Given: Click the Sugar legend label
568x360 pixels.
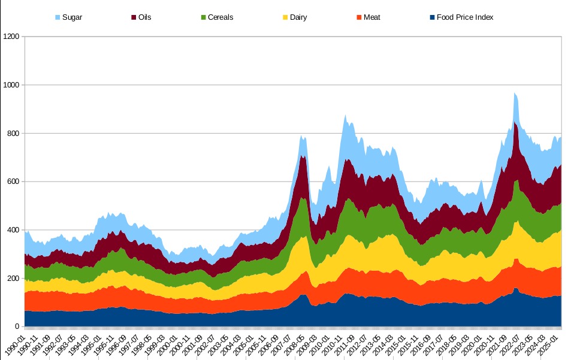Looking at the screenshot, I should pos(72,17).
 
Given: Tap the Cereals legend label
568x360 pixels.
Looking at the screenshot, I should pos(220,17).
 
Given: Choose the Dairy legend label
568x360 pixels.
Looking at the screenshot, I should pos(298,17).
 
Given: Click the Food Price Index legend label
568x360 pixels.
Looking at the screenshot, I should pos(465,17).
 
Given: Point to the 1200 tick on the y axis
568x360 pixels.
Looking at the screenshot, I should pos(11,37).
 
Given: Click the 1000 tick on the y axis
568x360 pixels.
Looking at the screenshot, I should pos(11,85).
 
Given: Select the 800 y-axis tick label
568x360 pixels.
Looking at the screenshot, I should pos(13,134).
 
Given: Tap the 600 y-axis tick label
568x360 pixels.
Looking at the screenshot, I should pos(13,182).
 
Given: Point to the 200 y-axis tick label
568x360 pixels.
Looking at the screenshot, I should pos(13,279).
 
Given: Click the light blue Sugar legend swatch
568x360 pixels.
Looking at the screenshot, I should pos(58,17).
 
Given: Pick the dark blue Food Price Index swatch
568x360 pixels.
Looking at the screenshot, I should pos(432,17).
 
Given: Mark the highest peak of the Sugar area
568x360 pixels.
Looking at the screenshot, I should pos(514,93).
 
